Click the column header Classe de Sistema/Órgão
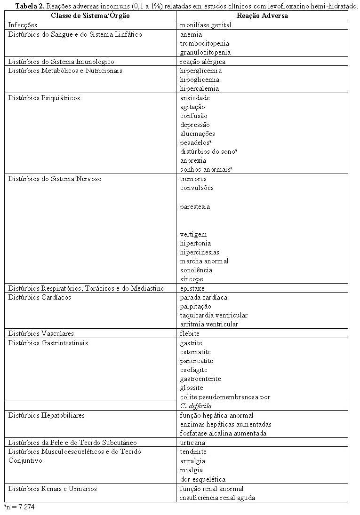90,16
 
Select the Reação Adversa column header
262,16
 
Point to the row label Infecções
23,25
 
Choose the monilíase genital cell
206,25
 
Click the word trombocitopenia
204,43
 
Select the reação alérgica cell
203,62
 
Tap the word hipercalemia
200,88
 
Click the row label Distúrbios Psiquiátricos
44,98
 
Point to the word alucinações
198,134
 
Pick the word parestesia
195,206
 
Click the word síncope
192,279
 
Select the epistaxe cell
192,288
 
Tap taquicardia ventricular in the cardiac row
214,315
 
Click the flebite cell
190,333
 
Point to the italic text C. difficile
196,406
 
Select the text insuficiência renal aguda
217,498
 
